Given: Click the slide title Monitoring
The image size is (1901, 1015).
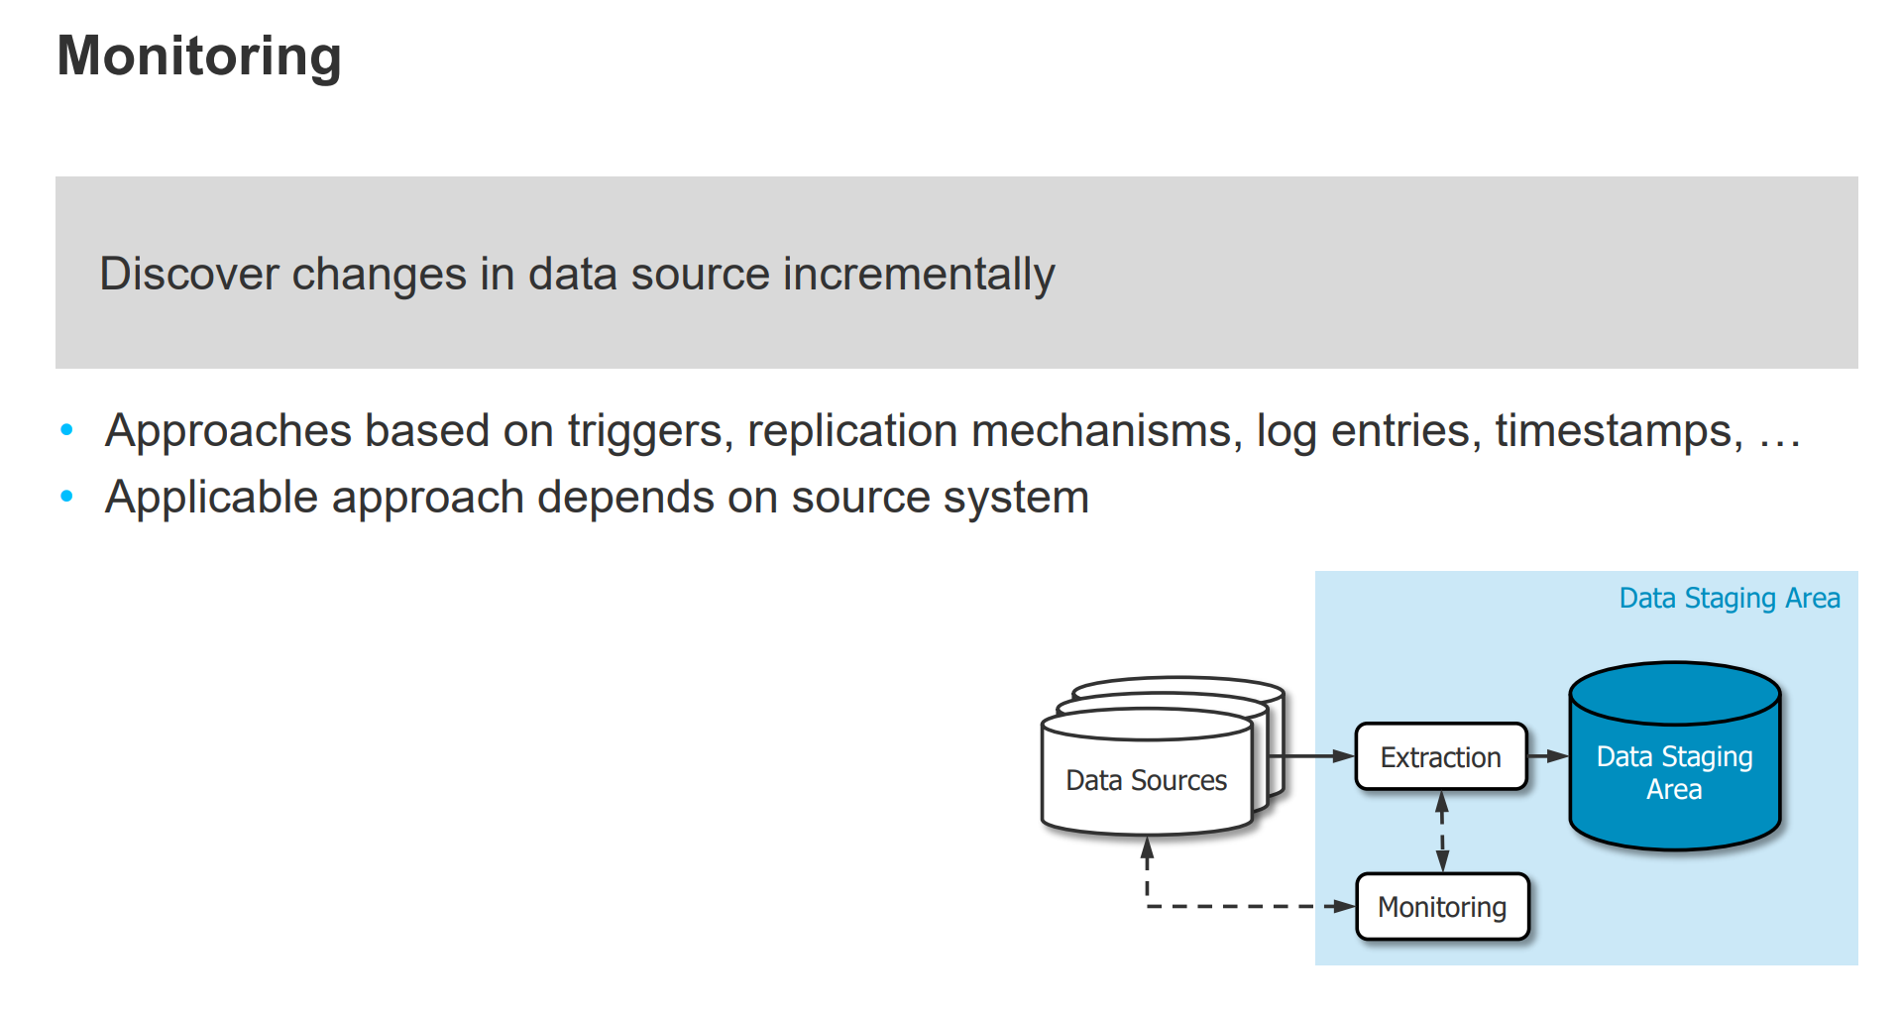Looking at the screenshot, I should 199,56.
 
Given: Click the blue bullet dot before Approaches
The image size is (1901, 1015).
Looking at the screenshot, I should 67,430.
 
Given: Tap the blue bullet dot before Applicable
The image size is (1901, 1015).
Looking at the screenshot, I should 67,497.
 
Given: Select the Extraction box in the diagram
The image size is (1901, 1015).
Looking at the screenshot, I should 1440,756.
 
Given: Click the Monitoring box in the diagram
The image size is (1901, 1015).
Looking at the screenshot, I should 1441,906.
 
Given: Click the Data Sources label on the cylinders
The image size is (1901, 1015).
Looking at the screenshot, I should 1146,780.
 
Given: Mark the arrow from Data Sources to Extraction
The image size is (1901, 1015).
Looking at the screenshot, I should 1313,756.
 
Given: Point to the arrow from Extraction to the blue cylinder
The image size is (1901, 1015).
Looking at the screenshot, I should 1547,756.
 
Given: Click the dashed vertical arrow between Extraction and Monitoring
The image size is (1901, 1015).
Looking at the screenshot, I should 1442,831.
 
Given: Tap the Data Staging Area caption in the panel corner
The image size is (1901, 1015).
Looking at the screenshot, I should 1729,598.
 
